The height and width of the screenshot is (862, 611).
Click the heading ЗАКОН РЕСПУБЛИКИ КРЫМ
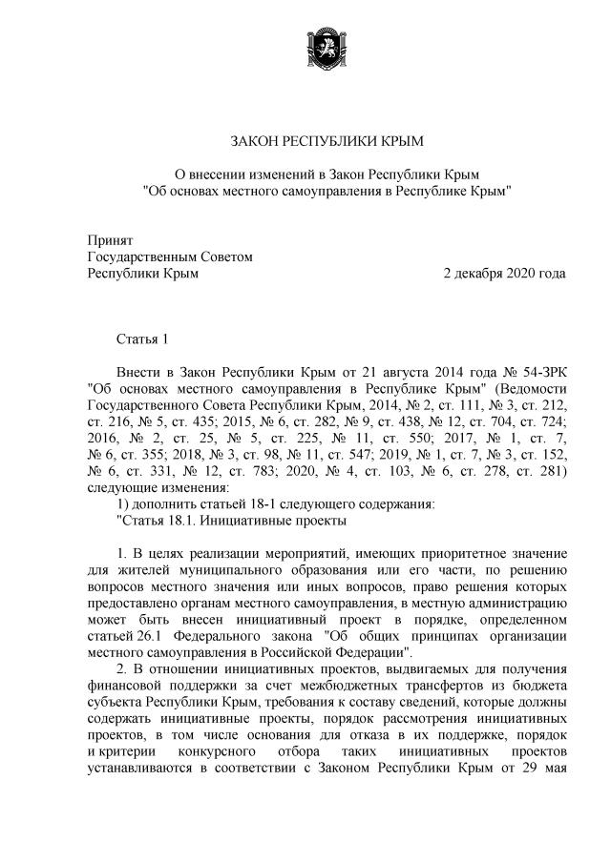coord(327,142)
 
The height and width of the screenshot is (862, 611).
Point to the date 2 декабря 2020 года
coord(504,273)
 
